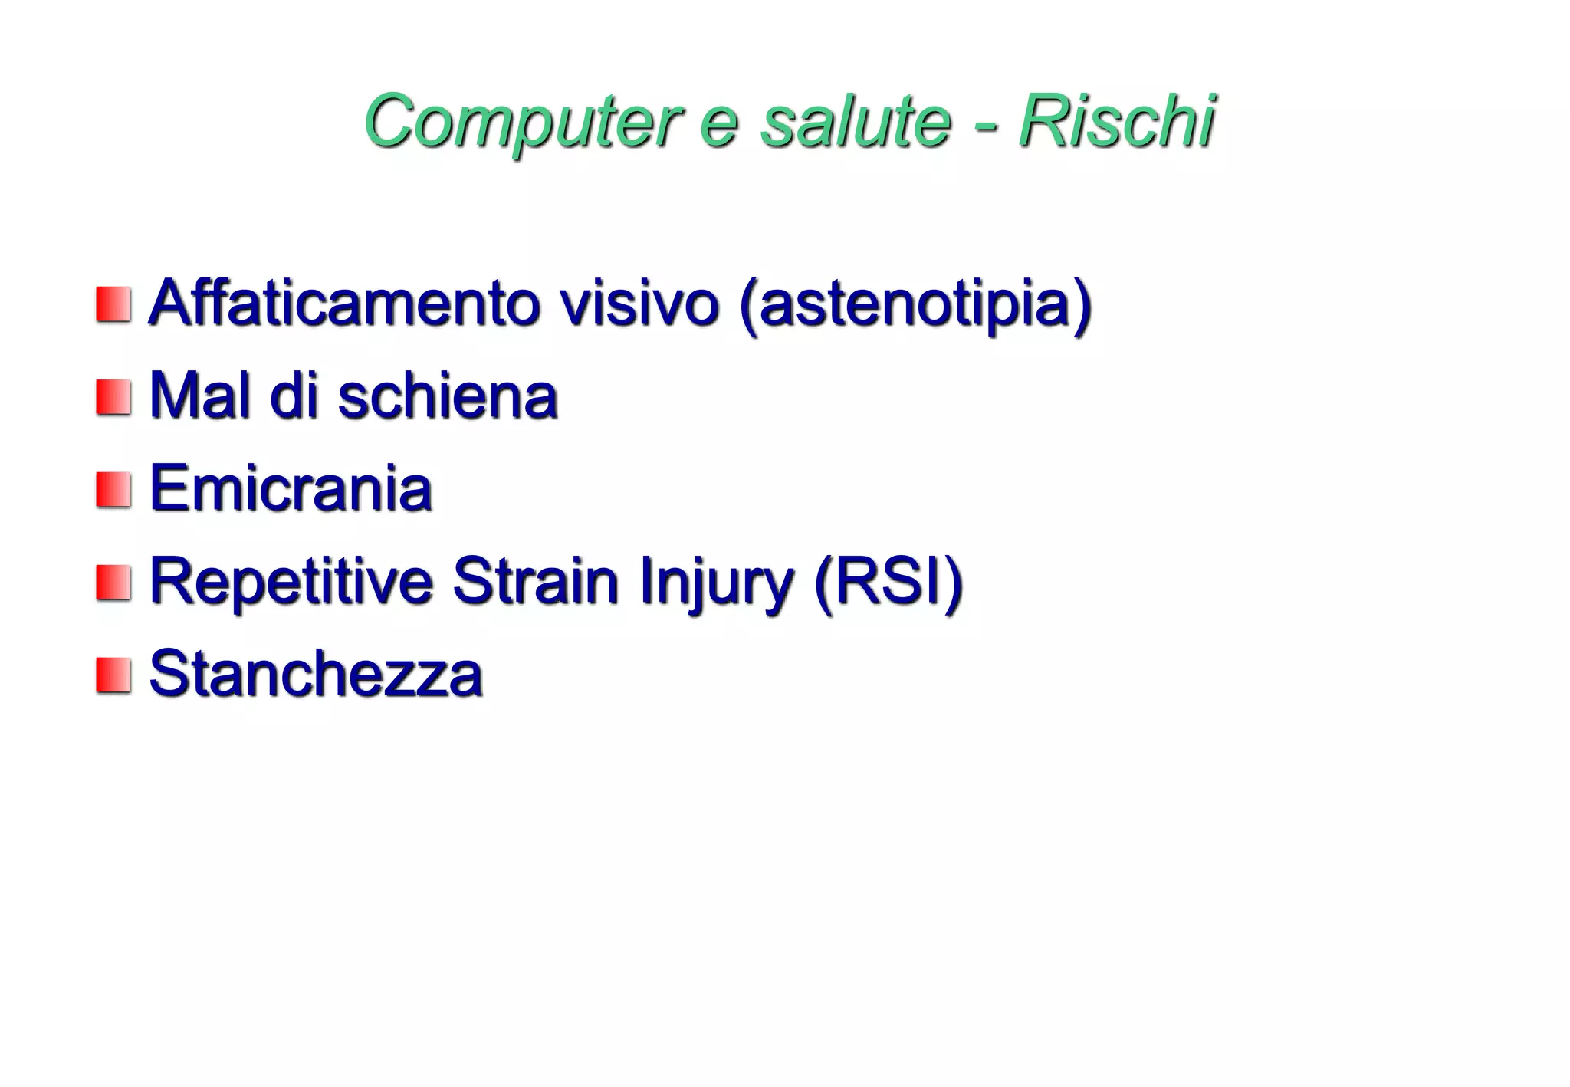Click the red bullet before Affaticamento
tap(113, 305)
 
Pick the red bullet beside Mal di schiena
tap(113, 398)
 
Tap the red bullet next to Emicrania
tap(113, 490)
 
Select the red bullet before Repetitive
tap(113, 583)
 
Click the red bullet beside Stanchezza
tap(113, 675)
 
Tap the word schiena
tap(448, 396)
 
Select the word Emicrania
tap(291, 489)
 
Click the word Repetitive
tap(291, 583)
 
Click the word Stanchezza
tap(316, 674)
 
